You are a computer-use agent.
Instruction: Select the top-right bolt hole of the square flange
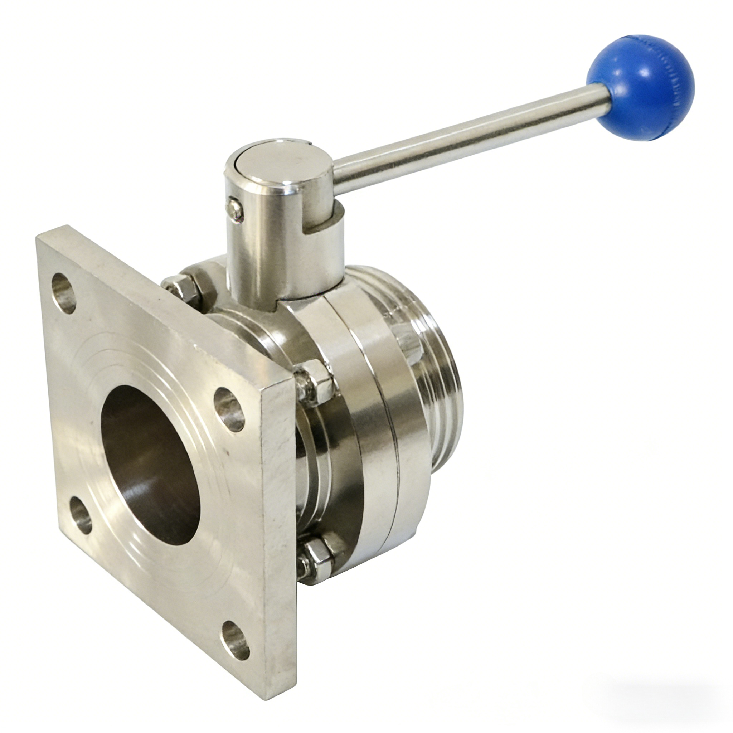pos(229,410)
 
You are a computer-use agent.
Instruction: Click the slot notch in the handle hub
pos(322,224)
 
